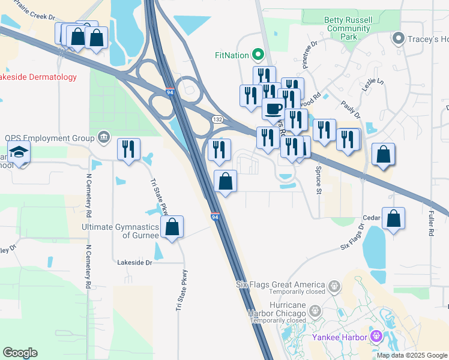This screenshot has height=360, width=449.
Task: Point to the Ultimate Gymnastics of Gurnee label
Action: click(x=120, y=231)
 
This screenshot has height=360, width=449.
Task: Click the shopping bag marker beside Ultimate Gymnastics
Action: click(x=172, y=227)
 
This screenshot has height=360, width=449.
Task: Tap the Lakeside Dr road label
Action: click(x=135, y=262)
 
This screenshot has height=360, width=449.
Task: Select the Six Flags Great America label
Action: click(x=280, y=284)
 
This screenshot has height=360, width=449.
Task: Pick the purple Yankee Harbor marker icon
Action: click(x=376, y=337)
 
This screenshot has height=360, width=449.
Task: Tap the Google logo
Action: click(x=20, y=353)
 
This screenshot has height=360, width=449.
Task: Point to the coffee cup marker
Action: click(x=274, y=109)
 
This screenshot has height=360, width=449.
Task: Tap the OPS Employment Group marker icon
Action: click(x=104, y=138)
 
